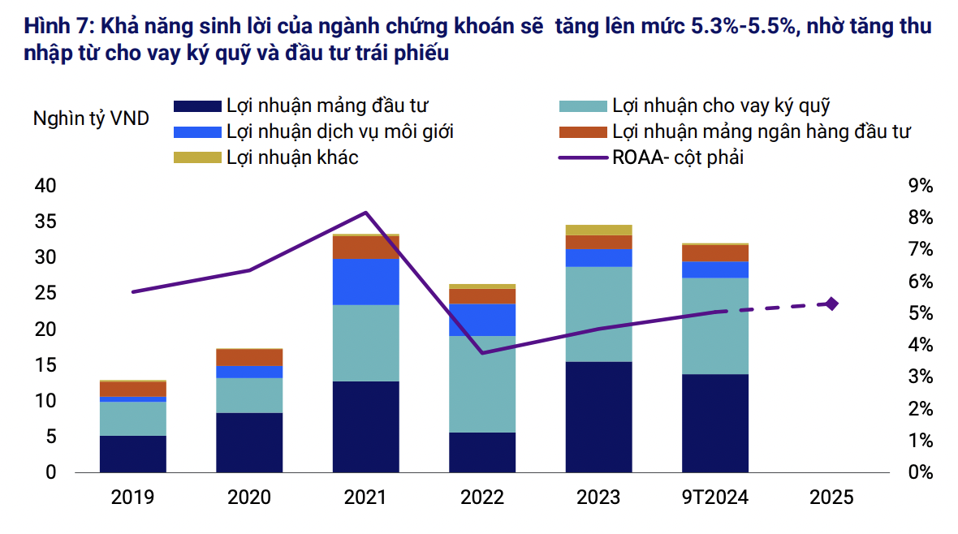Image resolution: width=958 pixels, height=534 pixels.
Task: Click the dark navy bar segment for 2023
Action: tap(598, 416)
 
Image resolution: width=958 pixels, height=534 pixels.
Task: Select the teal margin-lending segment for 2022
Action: tap(482, 384)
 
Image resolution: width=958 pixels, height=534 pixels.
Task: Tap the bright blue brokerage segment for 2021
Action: tap(365, 282)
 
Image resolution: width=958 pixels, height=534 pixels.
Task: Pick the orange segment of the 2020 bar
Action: tap(249, 357)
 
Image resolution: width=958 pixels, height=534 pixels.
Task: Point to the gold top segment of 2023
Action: tap(598, 230)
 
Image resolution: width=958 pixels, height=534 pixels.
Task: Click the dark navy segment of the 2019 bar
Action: tap(133, 454)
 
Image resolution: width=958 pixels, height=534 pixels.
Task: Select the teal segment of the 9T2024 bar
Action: tap(714, 325)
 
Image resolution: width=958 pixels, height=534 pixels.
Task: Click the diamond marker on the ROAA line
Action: tap(831, 304)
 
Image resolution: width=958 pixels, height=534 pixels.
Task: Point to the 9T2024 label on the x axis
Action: tap(714, 497)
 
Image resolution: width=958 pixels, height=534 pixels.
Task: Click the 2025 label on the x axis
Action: tap(831, 497)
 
